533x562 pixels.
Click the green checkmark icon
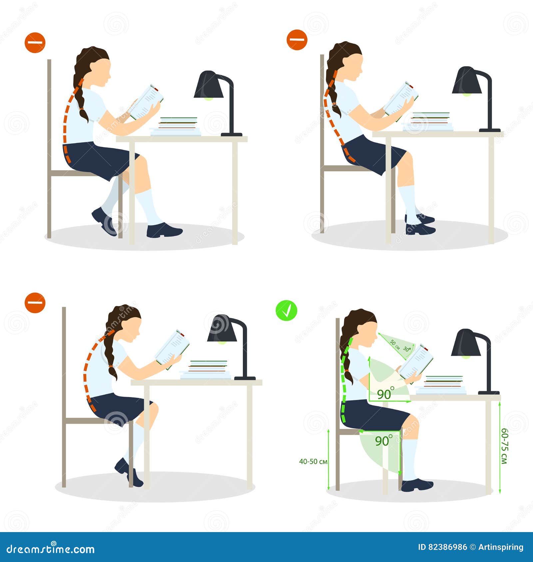point(286,310)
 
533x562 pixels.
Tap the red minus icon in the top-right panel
point(296,40)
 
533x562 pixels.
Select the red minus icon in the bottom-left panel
point(35,303)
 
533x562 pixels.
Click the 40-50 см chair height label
point(313,461)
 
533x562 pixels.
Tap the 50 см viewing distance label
point(395,345)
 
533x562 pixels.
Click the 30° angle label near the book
point(407,349)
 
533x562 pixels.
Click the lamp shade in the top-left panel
point(209,85)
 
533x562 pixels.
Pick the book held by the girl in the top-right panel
point(401,99)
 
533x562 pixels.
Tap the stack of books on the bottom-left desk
point(205,369)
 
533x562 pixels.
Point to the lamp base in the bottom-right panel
point(489,393)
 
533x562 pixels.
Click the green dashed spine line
point(343,379)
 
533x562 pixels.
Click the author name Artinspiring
point(501,547)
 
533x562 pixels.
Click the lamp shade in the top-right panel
point(466,81)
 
